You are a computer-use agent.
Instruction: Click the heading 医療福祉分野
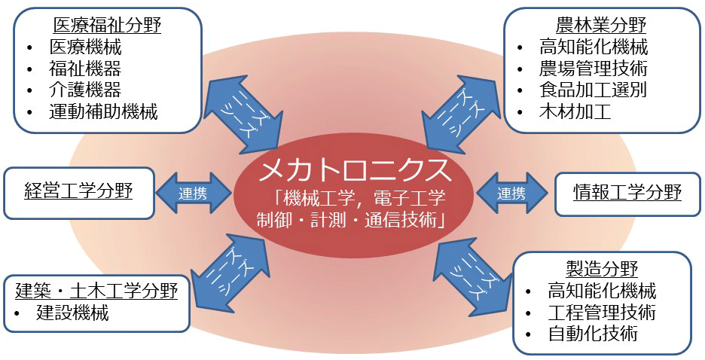tap(107, 26)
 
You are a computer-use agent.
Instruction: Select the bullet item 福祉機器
tap(84, 69)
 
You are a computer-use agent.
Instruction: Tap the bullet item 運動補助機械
tap(103, 112)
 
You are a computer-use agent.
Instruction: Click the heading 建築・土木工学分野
tap(96, 290)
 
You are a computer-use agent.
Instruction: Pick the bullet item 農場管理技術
tap(593, 69)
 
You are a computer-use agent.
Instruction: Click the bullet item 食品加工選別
tap(593, 90)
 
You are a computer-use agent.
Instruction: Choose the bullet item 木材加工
tap(575, 112)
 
